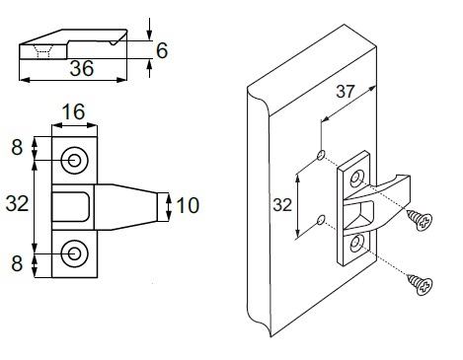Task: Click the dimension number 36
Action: (x=82, y=68)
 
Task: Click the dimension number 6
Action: (x=162, y=50)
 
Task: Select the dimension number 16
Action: (x=73, y=111)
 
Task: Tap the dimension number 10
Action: (x=188, y=205)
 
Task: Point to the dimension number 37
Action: (x=346, y=91)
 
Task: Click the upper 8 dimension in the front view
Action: (x=17, y=147)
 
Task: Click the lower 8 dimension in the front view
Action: (x=17, y=263)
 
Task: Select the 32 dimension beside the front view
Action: (x=18, y=203)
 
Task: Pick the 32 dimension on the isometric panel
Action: (x=282, y=205)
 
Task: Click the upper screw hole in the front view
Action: (x=74, y=161)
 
